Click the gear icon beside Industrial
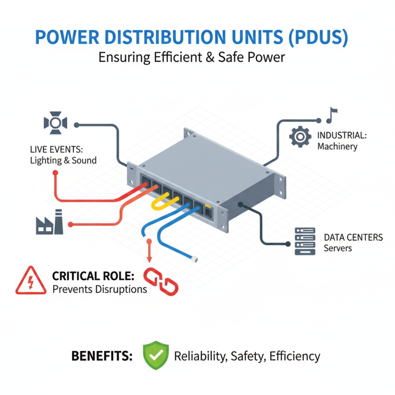[x=300, y=137]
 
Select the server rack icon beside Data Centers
[x=305, y=241]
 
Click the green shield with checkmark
[x=156, y=355]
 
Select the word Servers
[x=338, y=248]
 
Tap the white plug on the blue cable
[x=195, y=258]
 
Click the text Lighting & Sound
[x=63, y=160]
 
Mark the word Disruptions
[x=121, y=289]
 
